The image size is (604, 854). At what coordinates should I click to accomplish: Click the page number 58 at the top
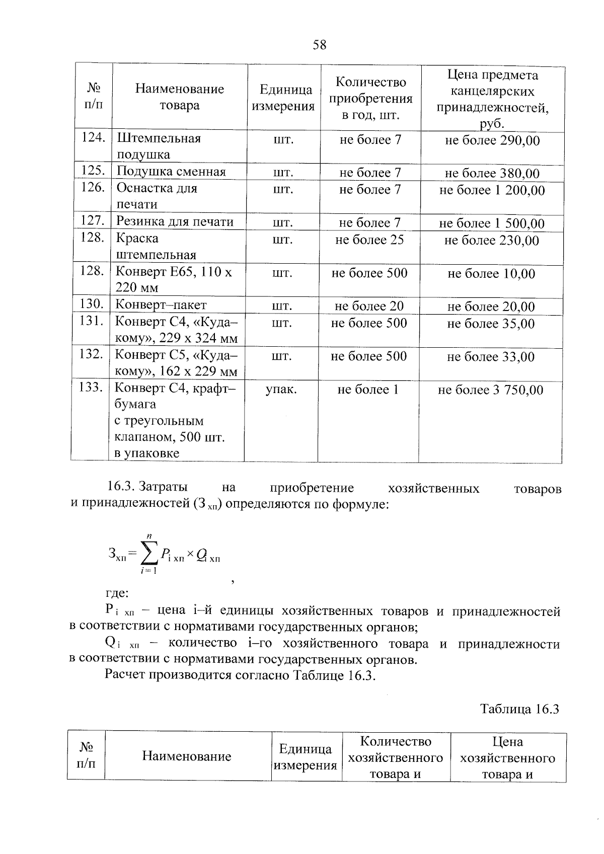click(x=319, y=45)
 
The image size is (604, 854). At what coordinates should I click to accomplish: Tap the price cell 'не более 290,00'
click(x=492, y=140)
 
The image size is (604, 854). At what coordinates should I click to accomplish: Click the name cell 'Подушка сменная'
click(x=171, y=172)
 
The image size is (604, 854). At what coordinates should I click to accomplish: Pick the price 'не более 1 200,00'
click(x=492, y=190)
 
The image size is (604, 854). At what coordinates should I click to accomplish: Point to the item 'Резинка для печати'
click(x=175, y=221)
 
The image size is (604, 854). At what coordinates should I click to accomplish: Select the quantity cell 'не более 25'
click(x=369, y=240)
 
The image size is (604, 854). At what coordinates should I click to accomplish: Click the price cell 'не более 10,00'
click(x=491, y=274)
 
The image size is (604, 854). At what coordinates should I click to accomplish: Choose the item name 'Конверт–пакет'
click(x=161, y=304)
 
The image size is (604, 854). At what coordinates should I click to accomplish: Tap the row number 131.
click(x=91, y=321)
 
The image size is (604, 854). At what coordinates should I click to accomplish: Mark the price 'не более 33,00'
click(x=491, y=357)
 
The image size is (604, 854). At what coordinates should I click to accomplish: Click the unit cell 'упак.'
click(x=281, y=389)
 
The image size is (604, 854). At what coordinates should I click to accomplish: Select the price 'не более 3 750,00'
click(x=490, y=390)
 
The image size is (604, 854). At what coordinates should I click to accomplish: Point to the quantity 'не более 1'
click(x=368, y=390)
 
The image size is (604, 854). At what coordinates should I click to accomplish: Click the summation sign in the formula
click(x=148, y=554)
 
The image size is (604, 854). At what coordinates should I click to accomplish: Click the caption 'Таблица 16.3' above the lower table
click(x=519, y=709)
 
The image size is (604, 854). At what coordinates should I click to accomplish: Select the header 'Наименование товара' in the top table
click(x=179, y=97)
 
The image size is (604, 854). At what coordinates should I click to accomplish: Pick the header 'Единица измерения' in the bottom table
click(x=305, y=757)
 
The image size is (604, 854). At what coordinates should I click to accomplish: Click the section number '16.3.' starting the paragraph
click(x=119, y=487)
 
